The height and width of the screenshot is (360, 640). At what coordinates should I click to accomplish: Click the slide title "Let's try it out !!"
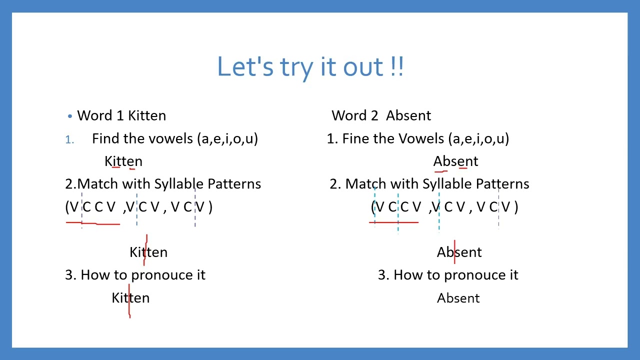coord(310,66)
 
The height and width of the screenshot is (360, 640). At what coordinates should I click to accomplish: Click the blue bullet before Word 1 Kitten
coord(70,116)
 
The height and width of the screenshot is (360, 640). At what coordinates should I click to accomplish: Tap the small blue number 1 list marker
coord(69,140)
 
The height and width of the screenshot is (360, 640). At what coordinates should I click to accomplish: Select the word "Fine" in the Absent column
coord(354,138)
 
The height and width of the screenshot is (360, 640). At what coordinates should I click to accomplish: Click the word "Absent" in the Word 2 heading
coord(408,115)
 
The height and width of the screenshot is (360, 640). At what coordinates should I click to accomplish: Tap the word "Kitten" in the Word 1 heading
coord(146,115)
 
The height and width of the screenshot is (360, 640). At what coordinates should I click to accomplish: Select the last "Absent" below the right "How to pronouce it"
coord(458,298)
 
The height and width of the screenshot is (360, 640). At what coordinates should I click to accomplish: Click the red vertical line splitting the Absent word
coord(454,251)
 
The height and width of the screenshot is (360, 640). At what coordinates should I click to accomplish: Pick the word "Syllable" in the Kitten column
coord(179,184)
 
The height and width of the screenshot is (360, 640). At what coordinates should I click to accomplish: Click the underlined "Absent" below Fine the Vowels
coord(455,161)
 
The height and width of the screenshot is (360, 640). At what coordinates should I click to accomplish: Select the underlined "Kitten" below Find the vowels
coord(123,161)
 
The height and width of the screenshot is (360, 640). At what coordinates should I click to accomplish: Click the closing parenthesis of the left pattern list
coord(210,207)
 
